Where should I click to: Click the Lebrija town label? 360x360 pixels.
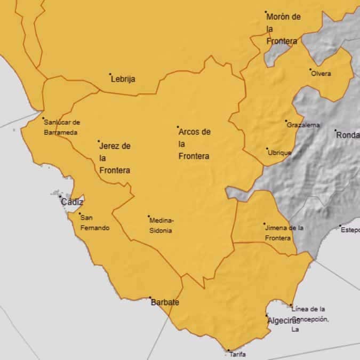pyautogui.click(x=123, y=79)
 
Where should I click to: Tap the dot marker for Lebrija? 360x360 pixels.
pyautogui.click(x=110, y=74)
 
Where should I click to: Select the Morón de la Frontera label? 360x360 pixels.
pyautogui.click(x=283, y=29)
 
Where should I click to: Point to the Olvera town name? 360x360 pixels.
pyautogui.click(x=321, y=74)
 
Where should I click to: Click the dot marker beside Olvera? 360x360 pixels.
pyautogui.click(x=310, y=69)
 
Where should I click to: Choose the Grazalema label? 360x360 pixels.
pyautogui.click(x=303, y=125)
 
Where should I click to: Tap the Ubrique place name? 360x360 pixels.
pyautogui.click(x=279, y=153)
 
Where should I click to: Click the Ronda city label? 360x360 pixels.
pyautogui.click(x=348, y=135)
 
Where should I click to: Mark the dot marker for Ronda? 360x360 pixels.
pyautogui.click(x=335, y=130)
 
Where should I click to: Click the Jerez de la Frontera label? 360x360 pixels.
pyautogui.click(x=115, y=158)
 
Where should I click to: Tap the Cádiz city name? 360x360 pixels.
pyautogui.click(x=72, y=202)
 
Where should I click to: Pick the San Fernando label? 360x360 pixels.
pyautogui.click(x=94, y=222)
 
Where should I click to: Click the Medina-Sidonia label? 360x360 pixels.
pyautogui.click(x=162, y=225)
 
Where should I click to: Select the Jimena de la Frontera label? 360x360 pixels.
pyautogui.click(x=285, y=233)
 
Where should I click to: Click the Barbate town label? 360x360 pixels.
pyautogui.click(x=165, y=302)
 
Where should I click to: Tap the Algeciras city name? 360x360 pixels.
pyautogui.click(x=283, y=321)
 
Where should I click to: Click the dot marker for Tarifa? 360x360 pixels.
pyautogui.click(x=228, y=350)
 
